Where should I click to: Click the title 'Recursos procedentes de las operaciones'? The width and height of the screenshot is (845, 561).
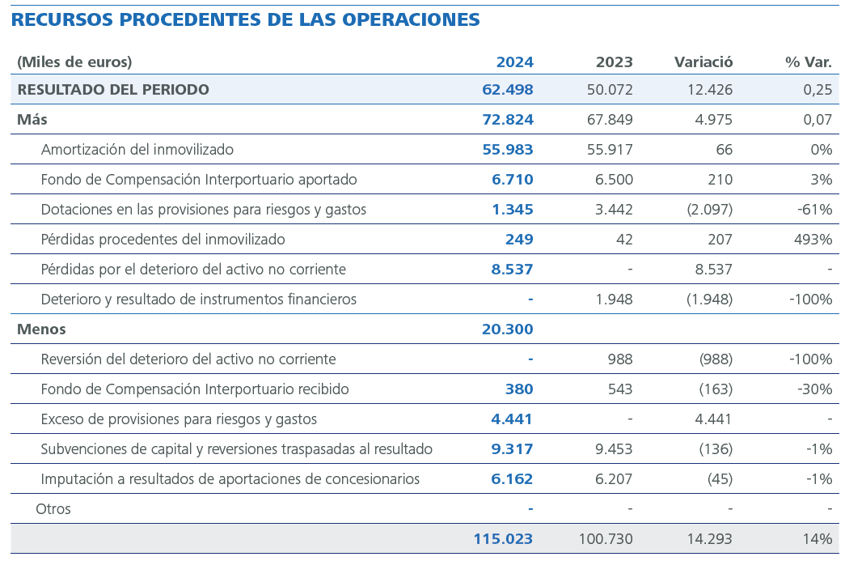(246, 19)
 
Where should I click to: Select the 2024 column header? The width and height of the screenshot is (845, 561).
(514, 62)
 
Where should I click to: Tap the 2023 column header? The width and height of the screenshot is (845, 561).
(614, 62)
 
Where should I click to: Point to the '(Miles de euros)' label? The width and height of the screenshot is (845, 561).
(74, 62)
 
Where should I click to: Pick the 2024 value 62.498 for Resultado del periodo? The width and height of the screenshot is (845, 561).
(508, 90)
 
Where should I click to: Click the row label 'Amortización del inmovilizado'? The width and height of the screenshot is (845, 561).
(137, 150)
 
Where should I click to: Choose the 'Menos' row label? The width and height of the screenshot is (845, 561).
(41, 329)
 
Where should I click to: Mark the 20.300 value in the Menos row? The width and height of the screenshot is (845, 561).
(508, 329)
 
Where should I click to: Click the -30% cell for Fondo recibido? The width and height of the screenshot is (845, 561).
(816, 389)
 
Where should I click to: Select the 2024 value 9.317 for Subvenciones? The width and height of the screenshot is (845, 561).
(512, 449)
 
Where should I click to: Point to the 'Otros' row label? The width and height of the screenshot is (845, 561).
(53, 509)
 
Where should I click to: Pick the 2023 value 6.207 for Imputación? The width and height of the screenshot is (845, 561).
(614, 479)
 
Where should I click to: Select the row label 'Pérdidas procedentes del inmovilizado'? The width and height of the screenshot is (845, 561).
(163, 240)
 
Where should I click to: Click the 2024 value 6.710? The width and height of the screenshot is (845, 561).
(512, 180)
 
